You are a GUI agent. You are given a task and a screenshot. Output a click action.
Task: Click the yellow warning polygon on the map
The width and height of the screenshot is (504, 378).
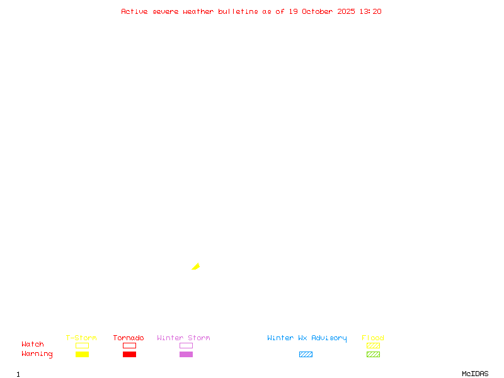196,267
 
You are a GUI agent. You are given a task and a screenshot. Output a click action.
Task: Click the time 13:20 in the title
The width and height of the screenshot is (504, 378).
370,11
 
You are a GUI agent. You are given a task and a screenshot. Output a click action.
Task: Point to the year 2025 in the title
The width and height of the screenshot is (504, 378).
346,11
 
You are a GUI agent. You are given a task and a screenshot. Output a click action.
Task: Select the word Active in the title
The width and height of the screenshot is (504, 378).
134,11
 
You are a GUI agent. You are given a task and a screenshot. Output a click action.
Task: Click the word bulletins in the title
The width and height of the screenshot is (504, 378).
238,11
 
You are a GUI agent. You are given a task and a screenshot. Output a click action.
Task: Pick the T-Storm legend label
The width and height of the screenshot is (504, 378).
81,338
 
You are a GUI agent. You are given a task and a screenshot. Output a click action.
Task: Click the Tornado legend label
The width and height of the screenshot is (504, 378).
129,338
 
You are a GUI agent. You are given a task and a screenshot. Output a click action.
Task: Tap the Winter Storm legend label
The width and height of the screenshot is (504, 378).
183,338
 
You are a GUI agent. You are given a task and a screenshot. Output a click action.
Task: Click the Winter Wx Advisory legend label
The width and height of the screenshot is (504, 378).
307,338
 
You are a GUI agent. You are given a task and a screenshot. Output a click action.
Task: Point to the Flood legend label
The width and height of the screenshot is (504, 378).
373,338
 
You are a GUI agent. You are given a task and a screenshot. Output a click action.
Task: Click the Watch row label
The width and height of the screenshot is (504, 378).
33,345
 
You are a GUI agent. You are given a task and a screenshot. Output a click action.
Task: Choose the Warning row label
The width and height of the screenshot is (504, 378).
37,354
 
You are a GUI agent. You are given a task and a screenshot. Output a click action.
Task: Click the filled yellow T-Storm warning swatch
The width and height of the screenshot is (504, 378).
82,355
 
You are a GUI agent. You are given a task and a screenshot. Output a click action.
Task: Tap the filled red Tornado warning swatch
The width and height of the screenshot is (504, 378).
129,355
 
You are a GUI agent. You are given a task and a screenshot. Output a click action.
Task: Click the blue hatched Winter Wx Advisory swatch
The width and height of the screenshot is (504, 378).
306,355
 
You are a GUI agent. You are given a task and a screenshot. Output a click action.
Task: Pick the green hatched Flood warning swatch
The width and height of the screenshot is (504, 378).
373,355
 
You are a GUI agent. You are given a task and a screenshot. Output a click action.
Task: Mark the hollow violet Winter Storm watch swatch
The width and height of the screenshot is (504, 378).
186,345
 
